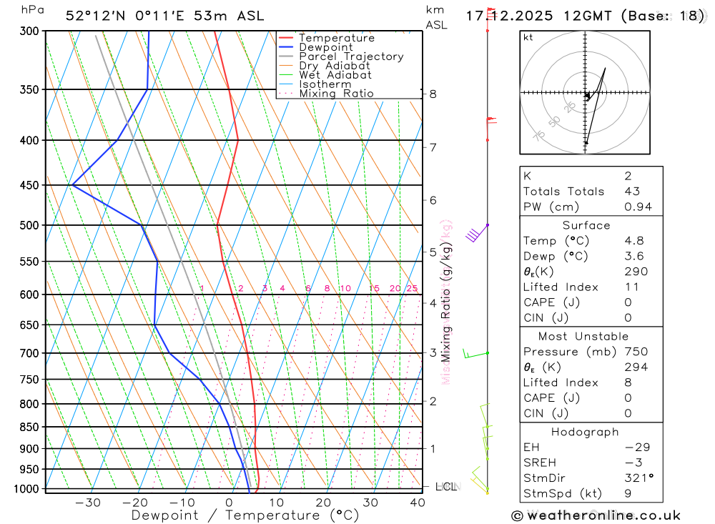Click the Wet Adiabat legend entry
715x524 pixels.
click(335, 75)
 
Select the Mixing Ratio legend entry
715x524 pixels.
click(336, 94)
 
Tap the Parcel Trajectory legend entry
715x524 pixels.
click(350, 56)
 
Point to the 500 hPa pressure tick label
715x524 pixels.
click(29, 225)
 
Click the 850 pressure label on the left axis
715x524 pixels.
click(29, 427)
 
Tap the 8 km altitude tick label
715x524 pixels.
click(433, 94)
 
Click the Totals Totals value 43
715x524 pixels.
click(632, 192)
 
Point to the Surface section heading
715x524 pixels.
click(586, 225)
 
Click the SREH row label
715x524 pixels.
click(540, 462)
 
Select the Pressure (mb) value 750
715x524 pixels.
click(636, 352)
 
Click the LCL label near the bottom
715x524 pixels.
click(445, 488)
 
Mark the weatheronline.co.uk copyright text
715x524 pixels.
click(596, 515)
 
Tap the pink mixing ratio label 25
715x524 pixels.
click(412, 289)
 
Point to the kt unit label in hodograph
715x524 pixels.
click(528, 37)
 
